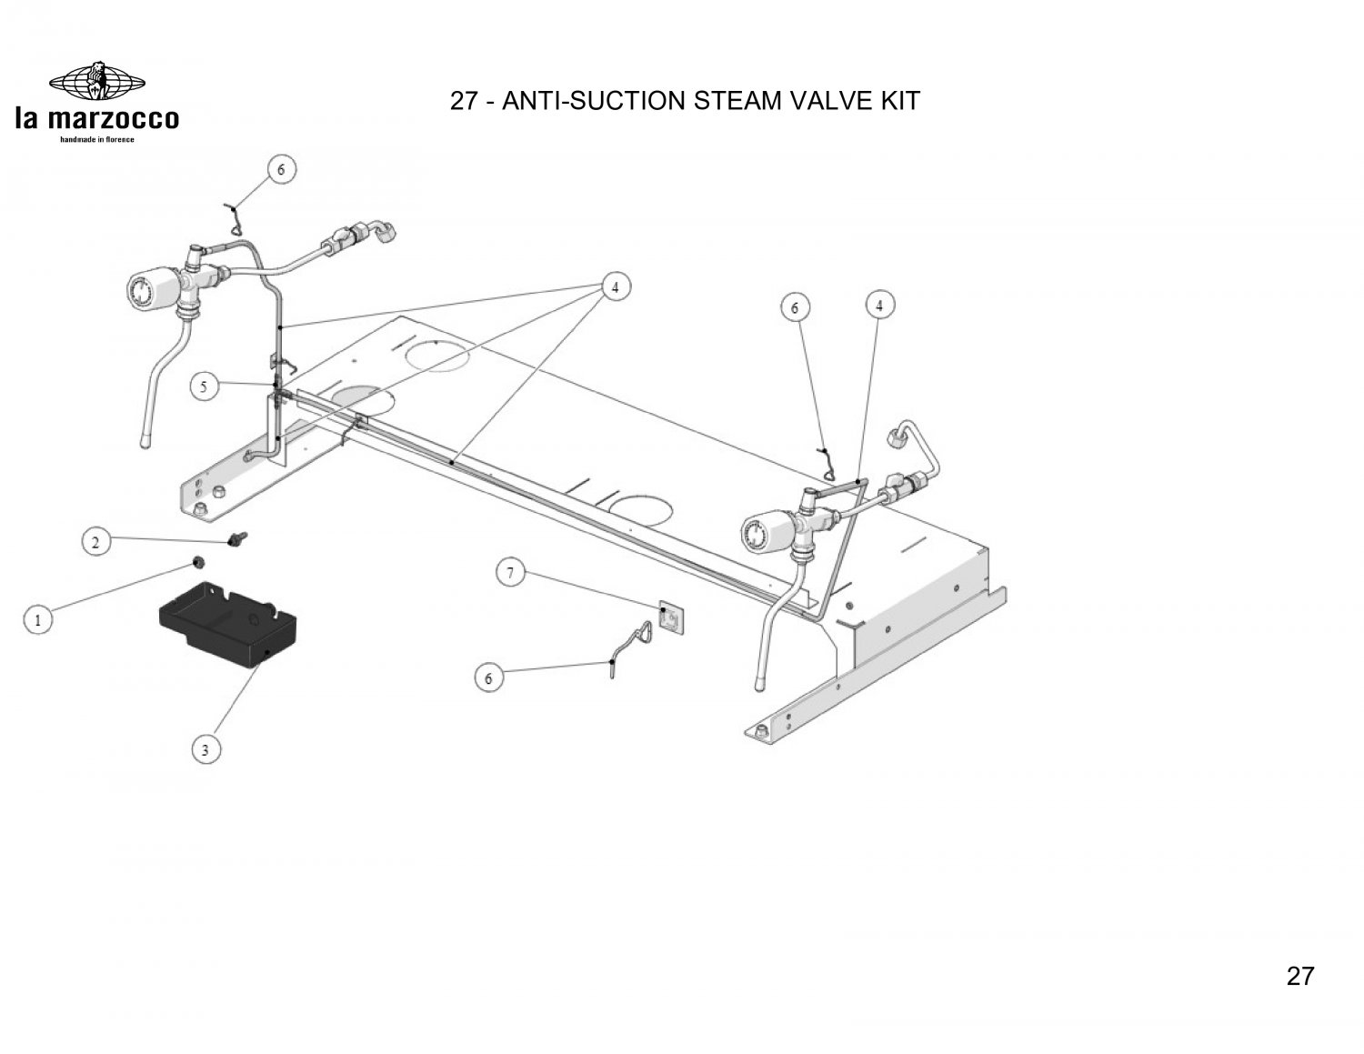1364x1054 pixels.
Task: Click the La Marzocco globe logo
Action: coord(96,83)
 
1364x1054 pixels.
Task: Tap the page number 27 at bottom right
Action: coord(1300,976)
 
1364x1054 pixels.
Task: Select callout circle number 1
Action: coord(37,621)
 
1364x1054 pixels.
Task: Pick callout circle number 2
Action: coord(96,542)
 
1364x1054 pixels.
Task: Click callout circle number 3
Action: coord(206,749)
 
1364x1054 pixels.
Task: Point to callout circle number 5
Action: coord(205,386)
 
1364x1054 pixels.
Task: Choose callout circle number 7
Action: coord(510,573)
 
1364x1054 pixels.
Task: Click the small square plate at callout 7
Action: coord(669,618)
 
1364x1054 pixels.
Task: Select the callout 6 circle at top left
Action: coord(281,169)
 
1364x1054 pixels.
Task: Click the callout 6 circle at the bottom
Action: coord(489,678)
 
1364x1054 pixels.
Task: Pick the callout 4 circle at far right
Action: coord(879,306)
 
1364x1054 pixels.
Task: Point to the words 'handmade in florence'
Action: coord(96,139)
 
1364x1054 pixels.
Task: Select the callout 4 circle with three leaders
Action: coord(616,286)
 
